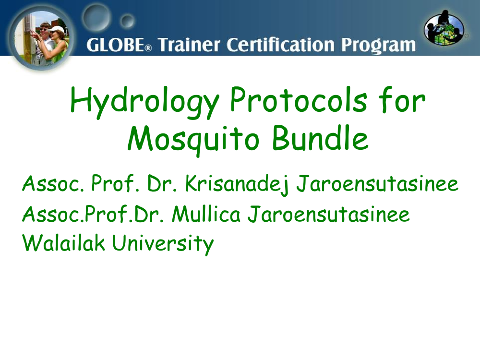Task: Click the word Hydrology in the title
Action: (x=144, y=103)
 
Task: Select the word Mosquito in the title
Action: (x=193, y=140)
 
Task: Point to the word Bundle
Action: (x=320, y=138)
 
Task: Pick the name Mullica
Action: (x=206, y=214)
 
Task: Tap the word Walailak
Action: (x=64, y=243)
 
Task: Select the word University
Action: (x=163, y=244)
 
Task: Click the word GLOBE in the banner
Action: (x=115, y=45)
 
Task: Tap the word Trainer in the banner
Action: (x=189, y=45)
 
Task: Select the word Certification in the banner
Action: (x=281, y=45)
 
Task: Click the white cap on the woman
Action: (x=57, y=30)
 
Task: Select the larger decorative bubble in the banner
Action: (x=96, y=17)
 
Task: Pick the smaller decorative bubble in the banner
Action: (x=127, y=21)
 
